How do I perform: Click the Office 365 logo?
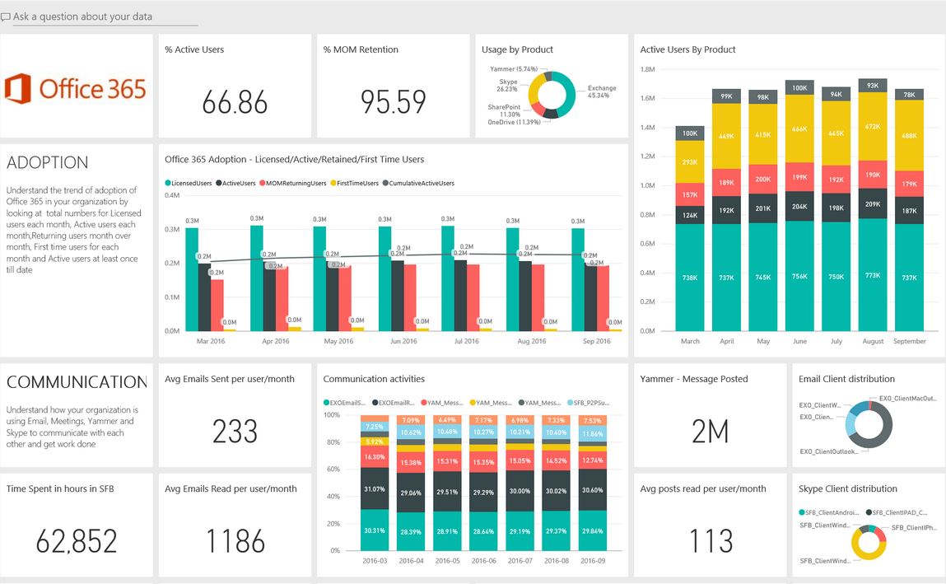tap(75, 88)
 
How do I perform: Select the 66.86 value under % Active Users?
tap(235, 102)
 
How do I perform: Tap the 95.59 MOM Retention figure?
tap(393, 102)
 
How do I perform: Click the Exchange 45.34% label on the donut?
tap(602, 91)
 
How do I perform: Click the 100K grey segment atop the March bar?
tap(689, 133)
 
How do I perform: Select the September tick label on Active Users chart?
tap(910, 341)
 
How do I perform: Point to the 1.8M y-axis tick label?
tap(647, 71)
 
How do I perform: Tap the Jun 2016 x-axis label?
tap(403, 341)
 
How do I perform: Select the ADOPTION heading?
tap(48, 162)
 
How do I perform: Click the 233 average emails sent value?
tap(235, 432)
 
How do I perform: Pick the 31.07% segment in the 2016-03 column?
tap(374, 489)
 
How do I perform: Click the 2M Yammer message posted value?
tap(710, 432)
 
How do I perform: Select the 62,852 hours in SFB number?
tap(76, 541)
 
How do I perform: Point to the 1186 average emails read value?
tap(235, 541)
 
